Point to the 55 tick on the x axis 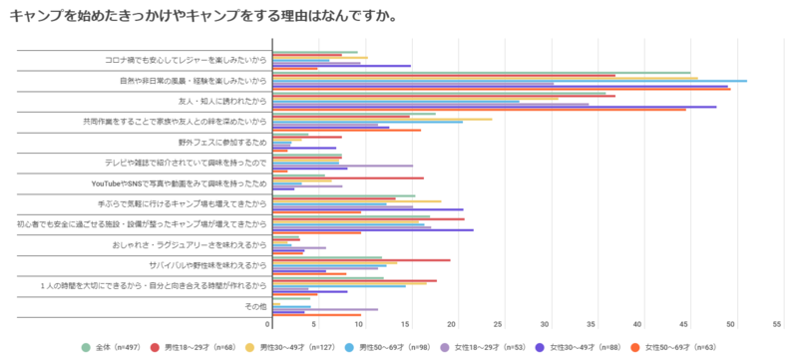[x=776, y=324]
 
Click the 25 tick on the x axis [x=500, y=324]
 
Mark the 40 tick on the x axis [x=638, y=324]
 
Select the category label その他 [x=255, y=306]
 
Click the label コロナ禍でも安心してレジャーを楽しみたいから [x=186, y=60]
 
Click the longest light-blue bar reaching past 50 [x=509, y=81]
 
